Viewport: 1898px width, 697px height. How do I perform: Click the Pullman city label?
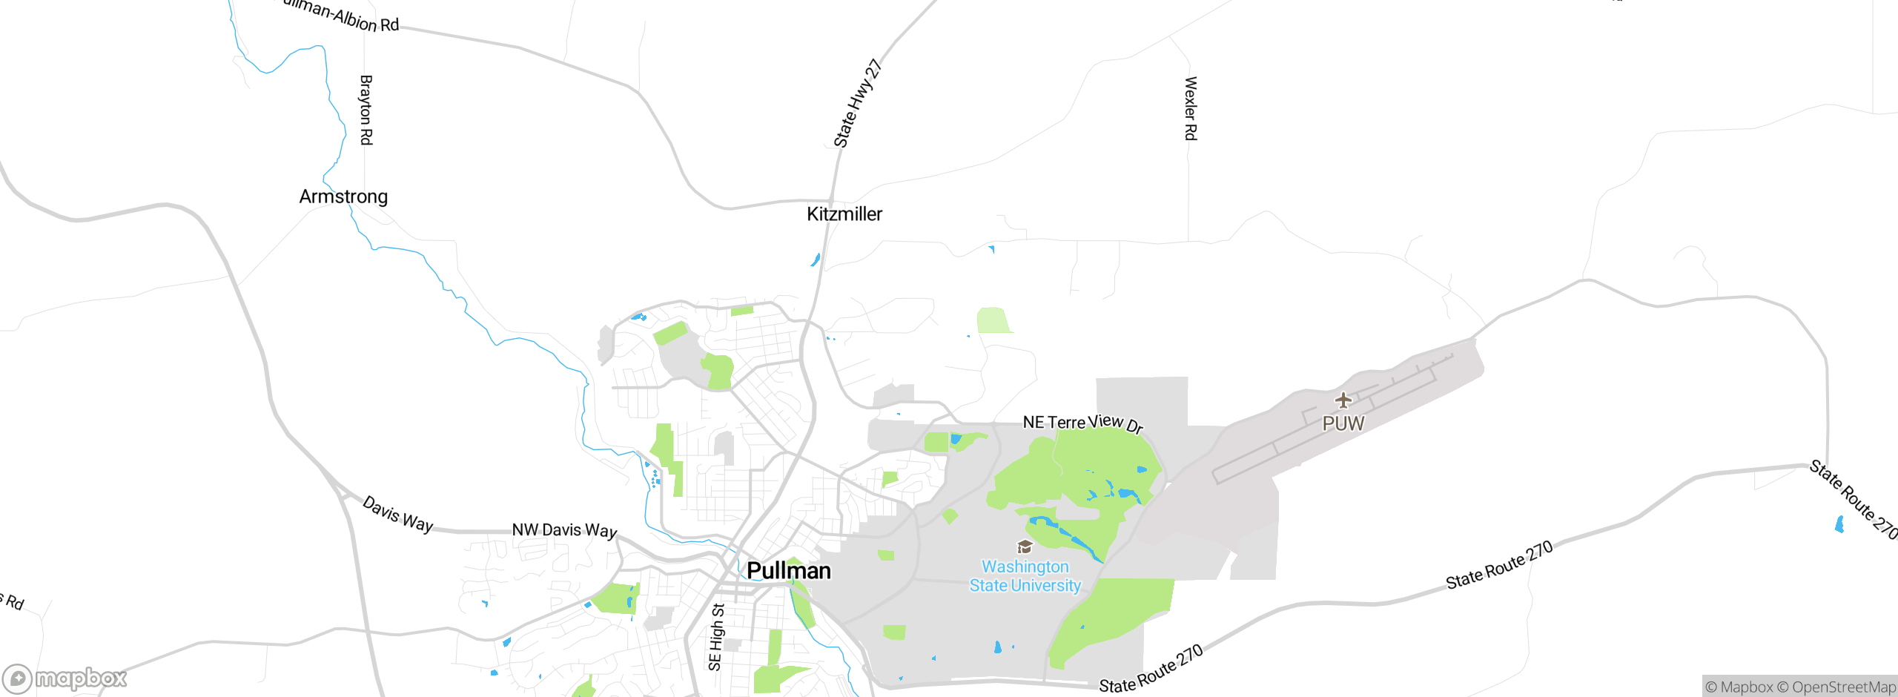pos(788,570)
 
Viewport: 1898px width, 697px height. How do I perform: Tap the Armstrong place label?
pos(343,196)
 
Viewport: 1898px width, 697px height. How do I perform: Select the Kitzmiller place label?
pos(844,214)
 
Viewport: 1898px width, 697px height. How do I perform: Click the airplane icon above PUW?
pos(1343,400)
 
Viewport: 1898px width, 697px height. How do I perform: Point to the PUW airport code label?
pos(1343,423)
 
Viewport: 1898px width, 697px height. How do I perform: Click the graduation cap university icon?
pos(1025,547)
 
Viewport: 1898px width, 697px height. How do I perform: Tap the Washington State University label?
pos(1025,576)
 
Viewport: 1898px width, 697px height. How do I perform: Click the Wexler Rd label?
pos(1190,108)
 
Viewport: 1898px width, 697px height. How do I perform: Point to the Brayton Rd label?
pos(366,110)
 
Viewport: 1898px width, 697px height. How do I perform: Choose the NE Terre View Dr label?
pos(1082,423)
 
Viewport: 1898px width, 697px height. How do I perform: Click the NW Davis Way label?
pos(564,530)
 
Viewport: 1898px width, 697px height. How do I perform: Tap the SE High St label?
pos(716,637)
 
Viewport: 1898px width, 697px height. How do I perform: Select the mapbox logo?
pos(65,678)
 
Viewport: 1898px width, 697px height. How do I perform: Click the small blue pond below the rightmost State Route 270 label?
pos(1839,524)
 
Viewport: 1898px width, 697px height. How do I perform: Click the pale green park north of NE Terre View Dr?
pos(993,320)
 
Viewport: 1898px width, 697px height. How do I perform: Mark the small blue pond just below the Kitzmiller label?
pos(816,260)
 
